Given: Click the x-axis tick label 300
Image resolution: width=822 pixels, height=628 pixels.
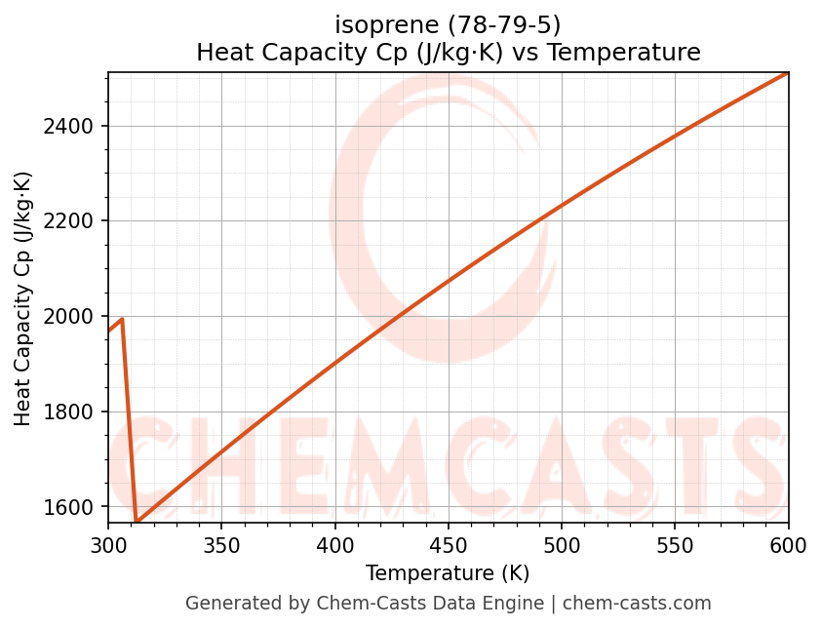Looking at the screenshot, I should [x=108, y=547].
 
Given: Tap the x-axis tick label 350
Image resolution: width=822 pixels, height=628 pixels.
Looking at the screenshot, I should [x=221, y=547].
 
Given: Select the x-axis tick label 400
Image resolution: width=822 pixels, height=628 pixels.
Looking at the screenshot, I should [x=334, y=547].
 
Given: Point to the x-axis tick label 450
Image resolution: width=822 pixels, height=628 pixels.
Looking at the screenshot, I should [x=448, y=547].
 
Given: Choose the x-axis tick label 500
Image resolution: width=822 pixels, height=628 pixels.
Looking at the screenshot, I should [x=562, y=547].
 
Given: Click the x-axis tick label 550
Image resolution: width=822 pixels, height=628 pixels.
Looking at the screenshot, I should [x=675, y=547].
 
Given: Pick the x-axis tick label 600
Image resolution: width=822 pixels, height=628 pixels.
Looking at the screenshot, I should [x=788, y=547].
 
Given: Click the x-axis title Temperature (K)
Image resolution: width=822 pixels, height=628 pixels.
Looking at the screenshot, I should [x=448, y=573].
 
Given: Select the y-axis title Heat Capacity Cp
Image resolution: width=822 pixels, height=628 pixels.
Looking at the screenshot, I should [x=23, y=298].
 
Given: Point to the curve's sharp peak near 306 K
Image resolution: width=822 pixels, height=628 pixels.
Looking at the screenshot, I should [x=122, y=319].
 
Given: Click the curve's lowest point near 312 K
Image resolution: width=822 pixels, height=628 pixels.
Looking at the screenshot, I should [x=137, y=523].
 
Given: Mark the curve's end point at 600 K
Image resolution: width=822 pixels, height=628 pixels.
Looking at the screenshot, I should [x=787, y=73].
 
